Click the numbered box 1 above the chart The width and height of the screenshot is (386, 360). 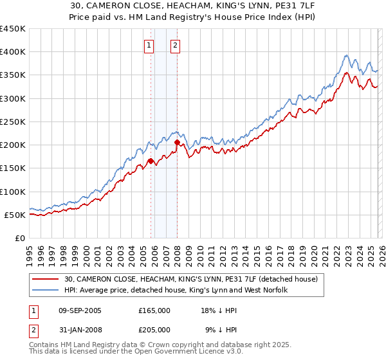click(149, 45)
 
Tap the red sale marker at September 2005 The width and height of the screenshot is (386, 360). click(151, 161)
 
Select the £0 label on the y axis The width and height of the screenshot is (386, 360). click(20, 238)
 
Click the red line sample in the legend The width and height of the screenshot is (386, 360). click(46, 279)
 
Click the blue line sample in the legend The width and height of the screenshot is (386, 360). click(46, 291)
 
